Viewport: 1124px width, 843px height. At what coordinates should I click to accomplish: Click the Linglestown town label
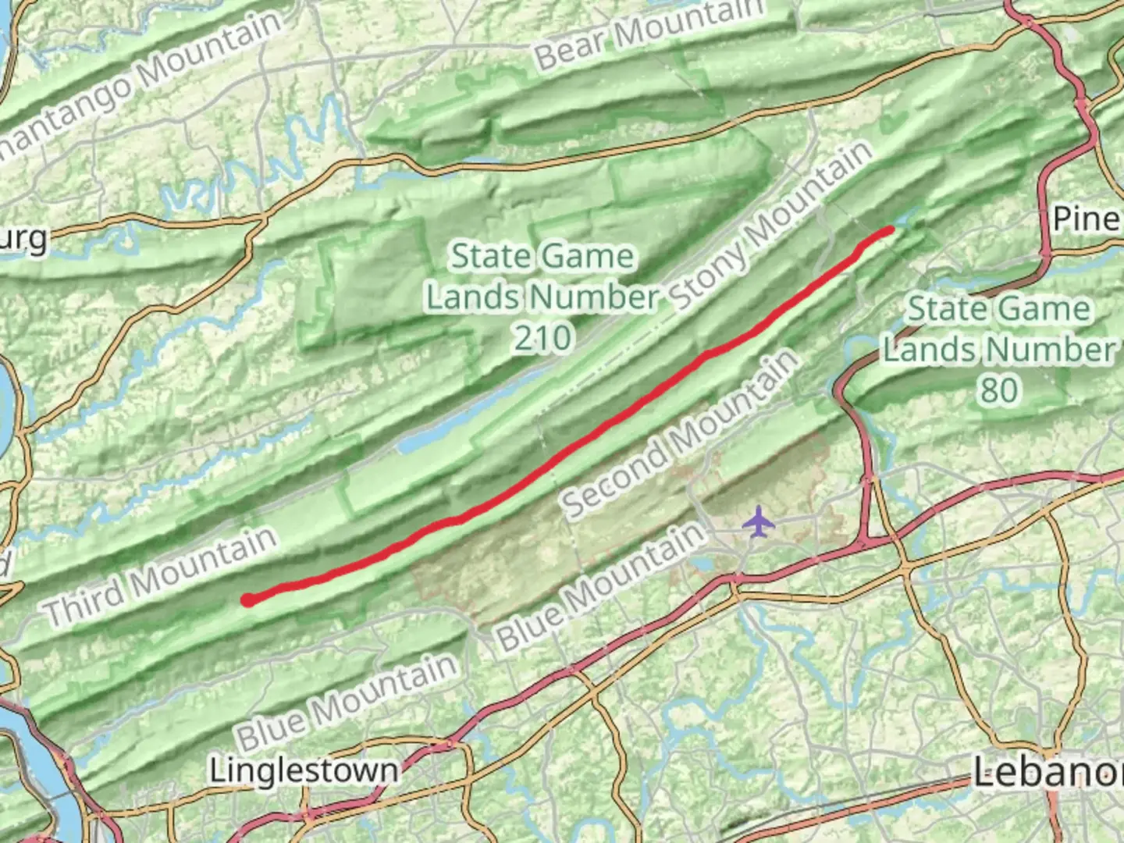pyautogui.click(x=304, y=771)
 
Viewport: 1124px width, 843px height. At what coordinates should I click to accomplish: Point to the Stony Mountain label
pyautogui.click(x=771, y=226)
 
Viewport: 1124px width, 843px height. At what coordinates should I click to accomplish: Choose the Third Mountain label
pyautogui.click(x=161, y=575)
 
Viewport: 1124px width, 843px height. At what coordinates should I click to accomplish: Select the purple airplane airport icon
pyautogui.click(x=756, y=521)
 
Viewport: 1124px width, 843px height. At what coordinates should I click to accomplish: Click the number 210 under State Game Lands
pyautogui.click(x=542, y=338)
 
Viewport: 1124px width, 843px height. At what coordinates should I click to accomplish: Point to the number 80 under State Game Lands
pyautogui.click(x=998, y=389)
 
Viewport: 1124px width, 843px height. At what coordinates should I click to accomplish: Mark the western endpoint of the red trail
pyautogui.click(x=247, y=600)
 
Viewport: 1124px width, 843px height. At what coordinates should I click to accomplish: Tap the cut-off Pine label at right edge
pyautogui.click(x=1087, y=219)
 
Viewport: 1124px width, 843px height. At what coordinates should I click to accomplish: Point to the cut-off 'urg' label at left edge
pyautogui.click(x=23, y=239)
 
